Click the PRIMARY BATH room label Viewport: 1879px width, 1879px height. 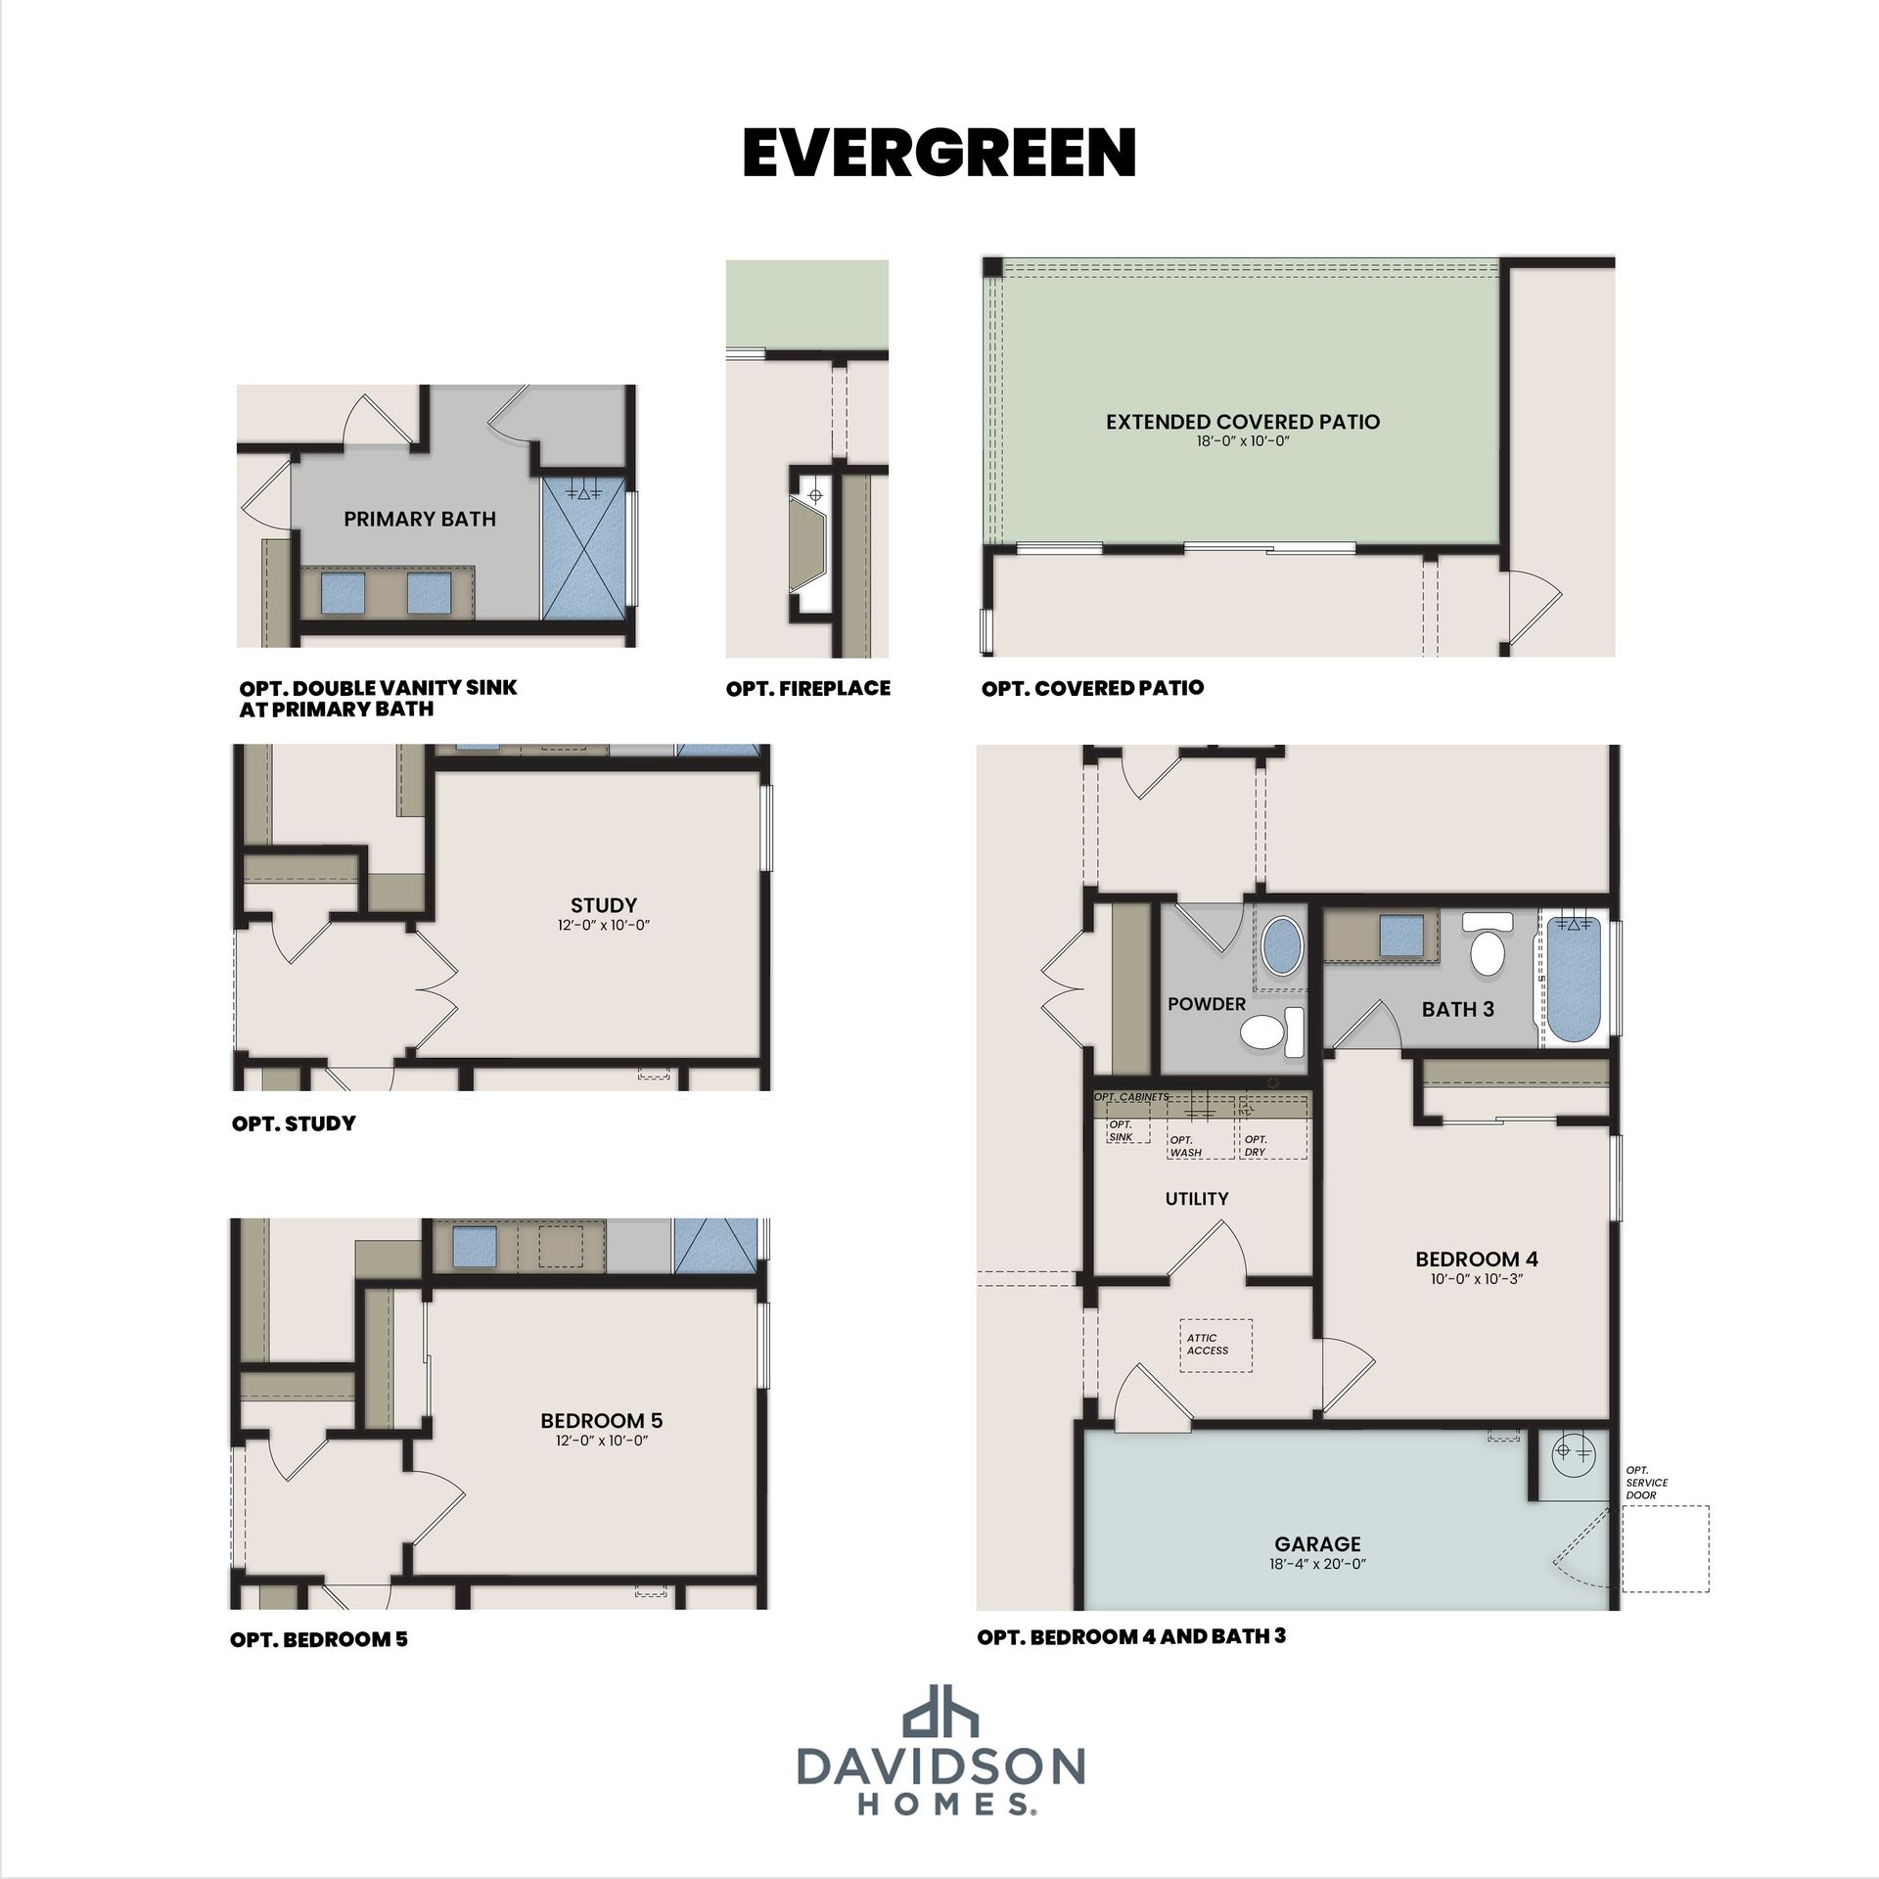420,519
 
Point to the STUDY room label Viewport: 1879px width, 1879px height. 604,905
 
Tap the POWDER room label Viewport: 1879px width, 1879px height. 1207,1004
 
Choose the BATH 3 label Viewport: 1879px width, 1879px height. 1458,1009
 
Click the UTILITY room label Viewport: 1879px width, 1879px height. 1197,1199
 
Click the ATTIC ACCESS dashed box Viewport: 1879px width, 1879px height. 1215,1346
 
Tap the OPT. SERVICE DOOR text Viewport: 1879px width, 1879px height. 1647,1483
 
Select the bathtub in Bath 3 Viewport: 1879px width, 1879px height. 1573,981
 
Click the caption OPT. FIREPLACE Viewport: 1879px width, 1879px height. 808,688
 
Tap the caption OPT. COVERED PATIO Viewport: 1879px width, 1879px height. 1093,688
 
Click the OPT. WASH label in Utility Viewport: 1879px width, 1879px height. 1186,1146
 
